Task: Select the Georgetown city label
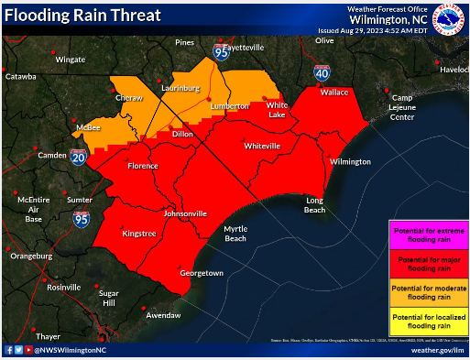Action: click(x=202, y=273)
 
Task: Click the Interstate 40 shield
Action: click(x=322, y=72)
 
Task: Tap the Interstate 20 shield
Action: click(x=78, y=158)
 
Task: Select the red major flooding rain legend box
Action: click(x=428, y=264)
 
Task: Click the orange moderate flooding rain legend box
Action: click(x=428, y=293)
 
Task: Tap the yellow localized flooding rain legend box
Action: click(x=428, y=322)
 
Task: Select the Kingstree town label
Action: click(x=138, y=235)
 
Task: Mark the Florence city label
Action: click(x=142, y=166)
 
